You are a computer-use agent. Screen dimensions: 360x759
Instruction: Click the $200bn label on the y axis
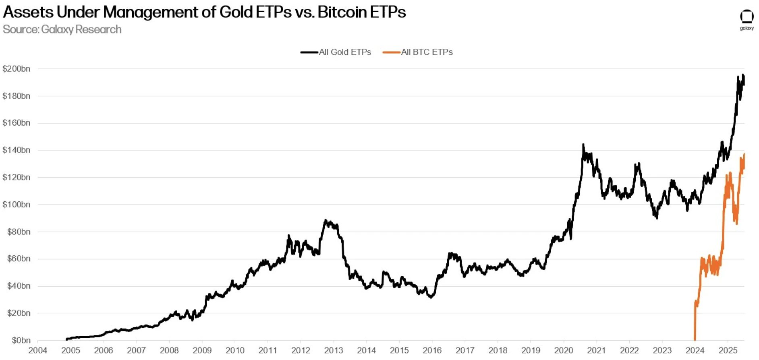pos(17,69)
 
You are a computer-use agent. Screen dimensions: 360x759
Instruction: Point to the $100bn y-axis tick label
pos(17,205)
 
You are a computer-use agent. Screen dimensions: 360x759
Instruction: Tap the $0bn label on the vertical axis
pos(21,340)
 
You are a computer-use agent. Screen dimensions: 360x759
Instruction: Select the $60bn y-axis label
pos(19,259)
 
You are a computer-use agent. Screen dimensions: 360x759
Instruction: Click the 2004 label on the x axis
pos(37,350)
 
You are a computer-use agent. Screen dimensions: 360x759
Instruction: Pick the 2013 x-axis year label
pos(334,350)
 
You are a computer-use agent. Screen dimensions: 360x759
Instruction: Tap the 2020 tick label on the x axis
pos(563,350)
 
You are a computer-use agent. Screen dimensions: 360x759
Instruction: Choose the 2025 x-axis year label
pos(728,350)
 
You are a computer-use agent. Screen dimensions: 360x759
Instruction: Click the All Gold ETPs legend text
pos(345,52)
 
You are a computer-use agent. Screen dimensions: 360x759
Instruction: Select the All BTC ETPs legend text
pos(427,52)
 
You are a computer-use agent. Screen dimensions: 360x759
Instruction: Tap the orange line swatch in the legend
pos(391,52)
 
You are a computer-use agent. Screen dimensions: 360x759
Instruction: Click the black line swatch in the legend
pos(309,52)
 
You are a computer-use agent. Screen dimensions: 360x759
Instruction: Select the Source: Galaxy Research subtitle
pos(62,29)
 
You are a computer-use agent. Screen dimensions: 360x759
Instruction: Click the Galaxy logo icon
pos(747,17)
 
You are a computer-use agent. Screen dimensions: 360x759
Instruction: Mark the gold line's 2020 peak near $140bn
pos(583,145)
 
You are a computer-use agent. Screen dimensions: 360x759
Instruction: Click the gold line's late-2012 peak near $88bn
pos(326,221)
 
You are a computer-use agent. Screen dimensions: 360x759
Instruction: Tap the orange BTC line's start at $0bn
pos(695,339)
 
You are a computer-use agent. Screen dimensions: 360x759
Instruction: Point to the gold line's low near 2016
pos(431,297)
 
